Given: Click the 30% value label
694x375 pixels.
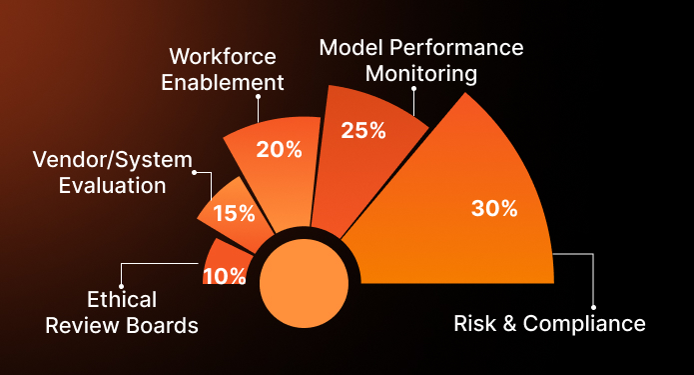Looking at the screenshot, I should click(493, 209).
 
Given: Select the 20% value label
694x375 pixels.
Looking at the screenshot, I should click(279, 150).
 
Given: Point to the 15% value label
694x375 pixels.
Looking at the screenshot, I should click(234, 212).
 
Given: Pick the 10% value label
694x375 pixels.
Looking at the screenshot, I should click(224, 276).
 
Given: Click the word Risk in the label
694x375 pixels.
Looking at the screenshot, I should click(474, 324).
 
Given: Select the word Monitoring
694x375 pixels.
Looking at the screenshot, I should click(421, 73).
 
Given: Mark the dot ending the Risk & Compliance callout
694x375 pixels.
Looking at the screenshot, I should click(593, 306).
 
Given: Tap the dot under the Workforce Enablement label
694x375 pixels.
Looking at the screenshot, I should click(258, 97).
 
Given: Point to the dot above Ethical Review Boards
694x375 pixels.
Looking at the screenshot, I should click(121, 283).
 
